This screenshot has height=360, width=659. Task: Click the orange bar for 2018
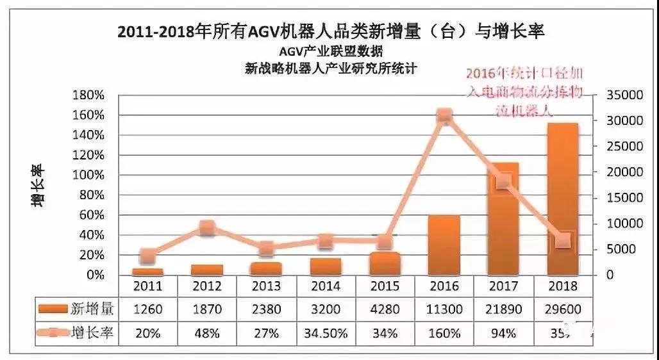562,199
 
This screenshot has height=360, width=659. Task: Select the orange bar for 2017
503,218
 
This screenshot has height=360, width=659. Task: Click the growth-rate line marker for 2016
444,116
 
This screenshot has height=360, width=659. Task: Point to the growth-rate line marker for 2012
207,227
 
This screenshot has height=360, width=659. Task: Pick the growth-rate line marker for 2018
563,241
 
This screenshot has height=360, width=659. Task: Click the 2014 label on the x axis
325,286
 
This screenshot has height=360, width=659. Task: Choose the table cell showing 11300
444,310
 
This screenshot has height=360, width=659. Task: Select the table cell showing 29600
563,310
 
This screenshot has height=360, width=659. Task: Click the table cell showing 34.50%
325,333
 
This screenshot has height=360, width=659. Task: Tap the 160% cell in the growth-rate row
444,333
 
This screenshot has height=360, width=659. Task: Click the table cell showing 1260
147,310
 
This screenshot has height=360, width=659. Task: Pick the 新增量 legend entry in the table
77,310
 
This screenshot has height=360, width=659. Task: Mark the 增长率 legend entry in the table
77,333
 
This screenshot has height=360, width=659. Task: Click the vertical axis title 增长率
37,185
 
